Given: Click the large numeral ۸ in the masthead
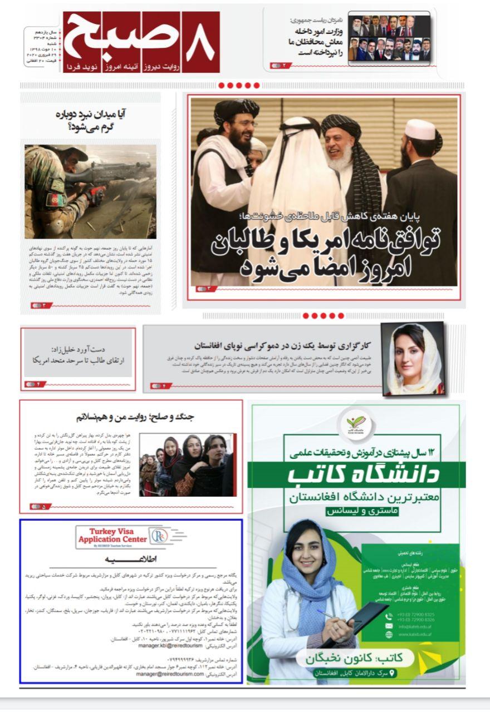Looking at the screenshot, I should pyautogui.click(x=199, y=41).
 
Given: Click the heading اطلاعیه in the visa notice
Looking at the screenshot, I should pyautogui.click(x=131, y=558).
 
